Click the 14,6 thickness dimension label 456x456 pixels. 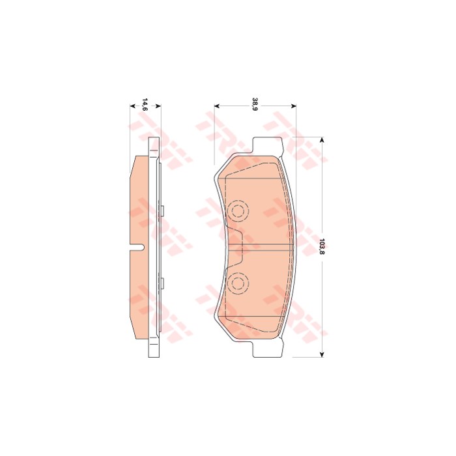(145, 105)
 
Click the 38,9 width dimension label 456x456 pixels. (255, 105)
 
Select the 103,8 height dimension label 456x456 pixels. (321, 246)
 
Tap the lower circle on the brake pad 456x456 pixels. (238, 283)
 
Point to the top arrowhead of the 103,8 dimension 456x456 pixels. (322, 140)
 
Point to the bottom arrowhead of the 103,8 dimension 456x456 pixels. (322, 354)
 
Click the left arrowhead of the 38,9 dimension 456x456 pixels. (217, 106)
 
